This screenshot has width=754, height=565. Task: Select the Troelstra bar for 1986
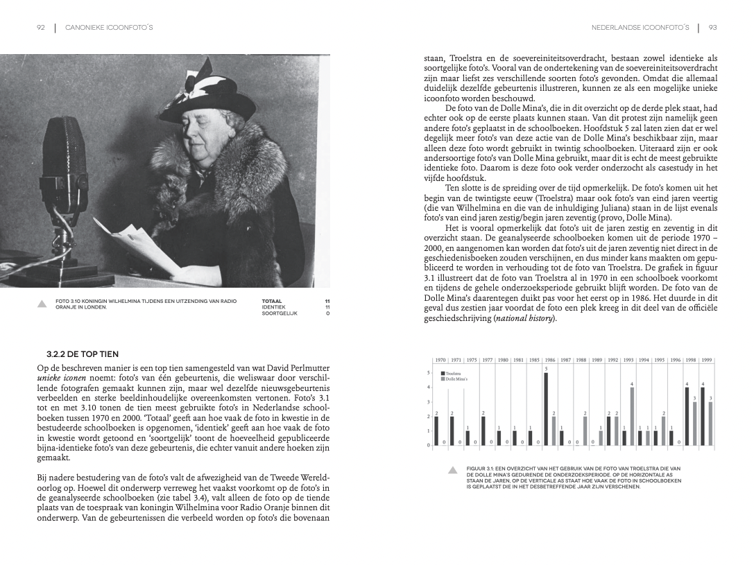(x=546, y=409)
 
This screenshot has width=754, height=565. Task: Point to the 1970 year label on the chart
(x=440, y=360)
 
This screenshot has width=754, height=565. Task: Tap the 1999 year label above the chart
(x=706, y=360)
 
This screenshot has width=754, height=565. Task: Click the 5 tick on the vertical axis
(x=429, y=373)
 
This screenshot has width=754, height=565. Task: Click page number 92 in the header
(x=40, y=28)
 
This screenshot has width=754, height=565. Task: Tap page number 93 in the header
(x=712, y=28)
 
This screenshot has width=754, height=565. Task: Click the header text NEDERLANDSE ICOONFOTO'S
(x=640, y=28)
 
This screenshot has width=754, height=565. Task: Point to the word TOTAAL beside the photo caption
(x=272, y=301)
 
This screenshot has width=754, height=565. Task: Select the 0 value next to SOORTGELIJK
(x=327, y=313)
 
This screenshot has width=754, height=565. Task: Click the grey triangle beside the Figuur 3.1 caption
(x=452, y=470)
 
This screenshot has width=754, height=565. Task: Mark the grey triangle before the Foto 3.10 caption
(x=41, y=303)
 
